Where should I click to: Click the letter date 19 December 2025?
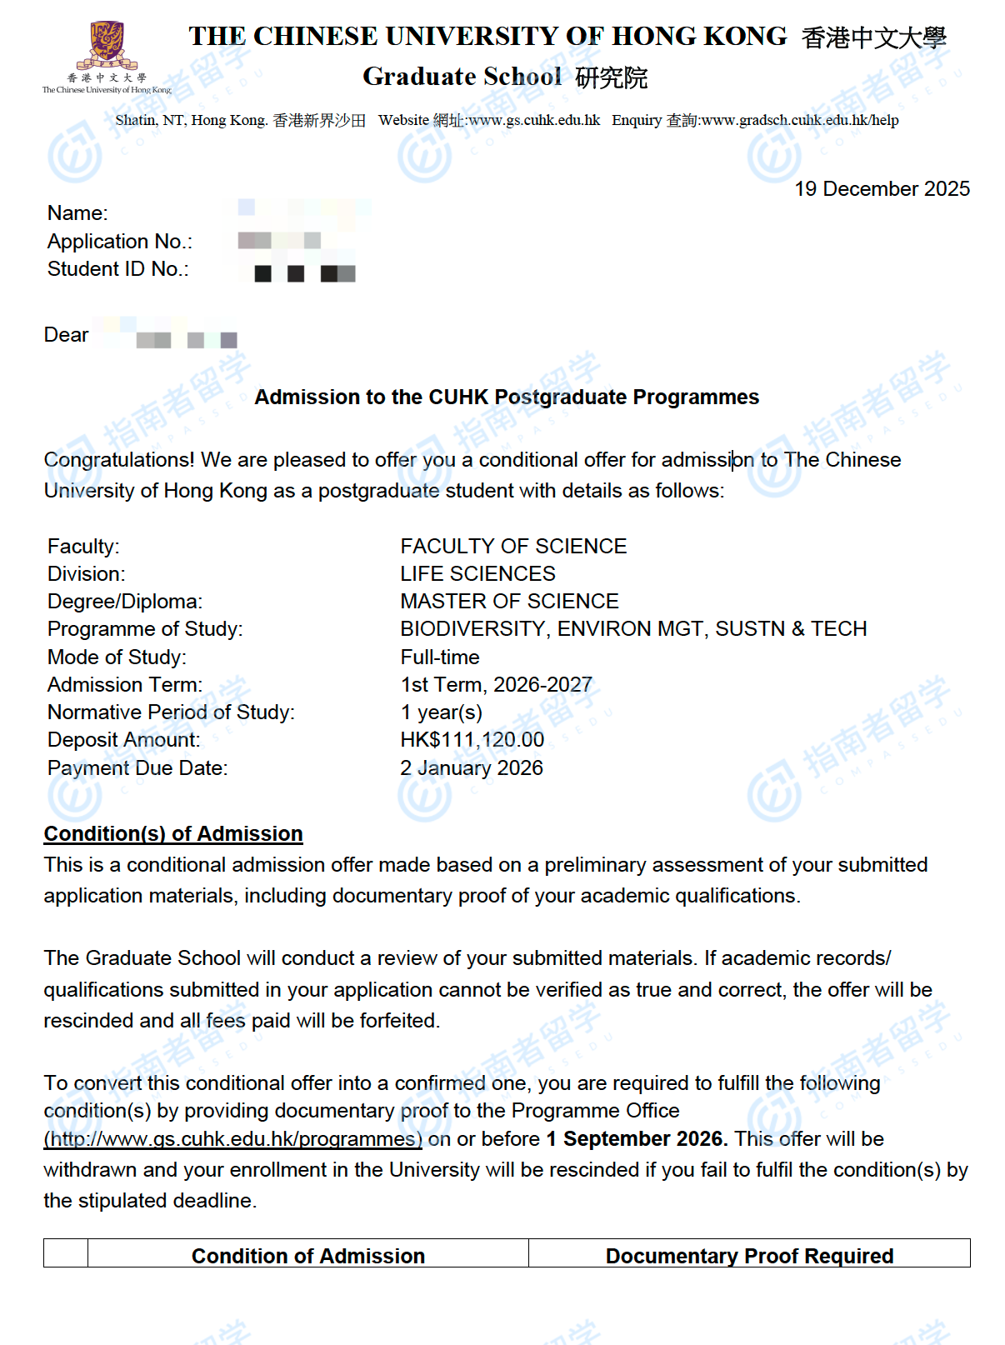click(882, 189)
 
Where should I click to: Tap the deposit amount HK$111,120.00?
click(472, 740)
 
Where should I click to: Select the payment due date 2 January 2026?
click(471, 768)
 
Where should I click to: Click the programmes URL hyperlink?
click(232, 1139)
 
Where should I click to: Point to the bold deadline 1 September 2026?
click(637, 1139)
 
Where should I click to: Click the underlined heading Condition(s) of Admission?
click(173, 834)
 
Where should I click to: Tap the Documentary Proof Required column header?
click(749, 1256)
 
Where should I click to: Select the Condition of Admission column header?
click(307, 1256)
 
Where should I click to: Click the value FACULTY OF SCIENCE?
click(513, 547)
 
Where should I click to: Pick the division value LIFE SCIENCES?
click(477, 574)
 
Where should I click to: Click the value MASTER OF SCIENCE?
click(509, 602)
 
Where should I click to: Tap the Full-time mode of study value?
click(440, 657)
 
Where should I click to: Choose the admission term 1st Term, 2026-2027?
click(496, 685)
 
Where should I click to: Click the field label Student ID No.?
click(117, 269)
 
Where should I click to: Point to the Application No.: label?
click(119, 242)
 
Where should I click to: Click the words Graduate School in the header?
click(462, 77)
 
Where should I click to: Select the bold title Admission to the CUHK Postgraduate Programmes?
click(507, 397)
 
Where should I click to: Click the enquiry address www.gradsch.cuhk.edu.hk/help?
click(800, 120)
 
